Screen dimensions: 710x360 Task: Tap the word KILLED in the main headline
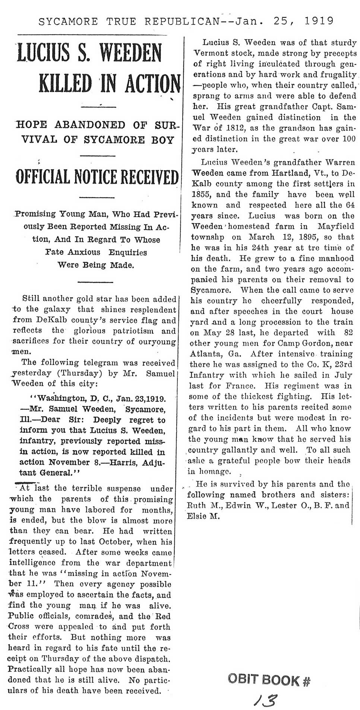tap(66, 84)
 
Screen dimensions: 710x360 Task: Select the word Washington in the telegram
tap(59, 399)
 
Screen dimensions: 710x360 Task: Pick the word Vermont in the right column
tap(210, 53)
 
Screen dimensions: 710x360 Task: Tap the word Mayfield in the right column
tap(335, 226)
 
